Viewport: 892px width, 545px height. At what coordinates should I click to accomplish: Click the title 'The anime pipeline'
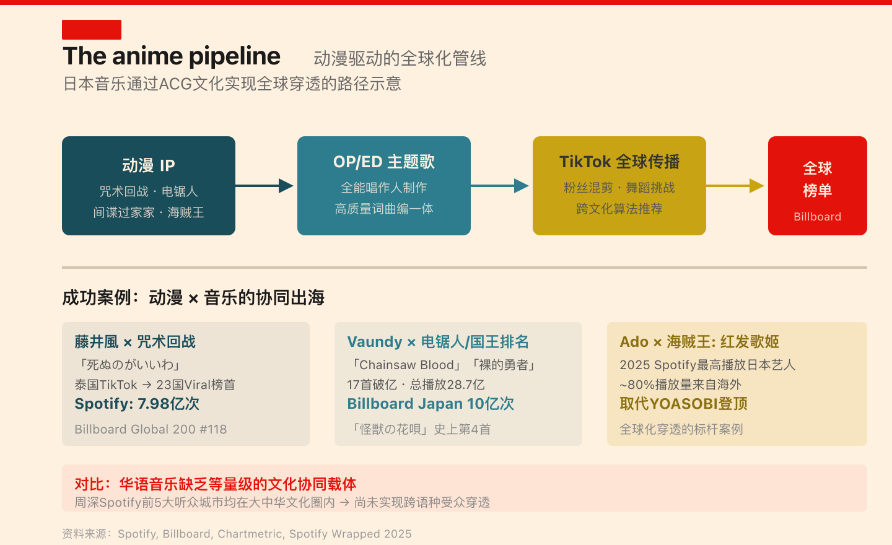172,56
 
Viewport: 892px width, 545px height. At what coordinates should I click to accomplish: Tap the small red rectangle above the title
92,30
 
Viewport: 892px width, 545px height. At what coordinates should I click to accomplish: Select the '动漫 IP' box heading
149,165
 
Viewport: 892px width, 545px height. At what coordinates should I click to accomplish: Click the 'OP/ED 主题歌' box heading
384,162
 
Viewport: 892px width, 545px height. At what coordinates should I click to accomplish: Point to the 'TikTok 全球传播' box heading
619,162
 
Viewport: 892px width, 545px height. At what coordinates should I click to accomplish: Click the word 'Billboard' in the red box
817,217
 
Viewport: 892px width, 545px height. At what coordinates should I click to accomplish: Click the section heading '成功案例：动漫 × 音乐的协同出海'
193,298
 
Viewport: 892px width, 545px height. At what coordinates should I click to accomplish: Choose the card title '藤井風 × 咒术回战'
135,342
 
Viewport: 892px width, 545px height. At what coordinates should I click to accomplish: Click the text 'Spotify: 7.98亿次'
137,404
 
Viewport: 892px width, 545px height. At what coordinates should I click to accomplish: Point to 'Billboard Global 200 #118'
151,429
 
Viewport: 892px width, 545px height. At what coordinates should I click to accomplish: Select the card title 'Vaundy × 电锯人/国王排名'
438,342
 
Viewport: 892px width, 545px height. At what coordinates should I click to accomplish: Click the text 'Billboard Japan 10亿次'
431,404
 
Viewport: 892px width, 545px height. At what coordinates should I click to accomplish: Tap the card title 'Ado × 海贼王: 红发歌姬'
699,342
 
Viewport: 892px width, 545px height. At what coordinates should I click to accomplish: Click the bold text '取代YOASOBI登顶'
683,404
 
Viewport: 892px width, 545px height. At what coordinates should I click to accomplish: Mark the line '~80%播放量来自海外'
680,385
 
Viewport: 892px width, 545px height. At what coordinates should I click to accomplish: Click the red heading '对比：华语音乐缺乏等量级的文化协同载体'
216,484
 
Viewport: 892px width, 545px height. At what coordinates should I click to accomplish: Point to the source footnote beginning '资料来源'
237,534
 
